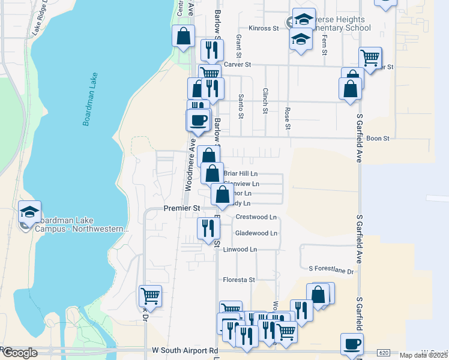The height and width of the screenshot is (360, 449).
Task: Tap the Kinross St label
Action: point(264,28)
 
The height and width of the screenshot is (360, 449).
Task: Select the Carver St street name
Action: point(237,64)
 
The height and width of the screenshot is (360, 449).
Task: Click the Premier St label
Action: point(182,208)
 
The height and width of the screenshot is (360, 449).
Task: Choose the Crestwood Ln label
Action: point(256,217)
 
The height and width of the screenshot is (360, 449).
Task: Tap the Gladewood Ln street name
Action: point(256,233)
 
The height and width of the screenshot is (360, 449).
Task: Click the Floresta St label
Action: point(240,280)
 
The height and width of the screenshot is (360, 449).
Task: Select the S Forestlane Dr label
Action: point(331,271)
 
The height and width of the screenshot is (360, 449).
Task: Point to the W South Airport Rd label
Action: point(184,350)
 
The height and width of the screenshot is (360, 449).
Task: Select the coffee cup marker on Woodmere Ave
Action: point(199,120)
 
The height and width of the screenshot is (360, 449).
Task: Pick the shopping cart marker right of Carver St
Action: point(370,58)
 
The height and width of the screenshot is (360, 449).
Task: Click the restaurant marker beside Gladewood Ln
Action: point(208,229)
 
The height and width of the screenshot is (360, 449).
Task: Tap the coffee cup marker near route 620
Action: point(352,344)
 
